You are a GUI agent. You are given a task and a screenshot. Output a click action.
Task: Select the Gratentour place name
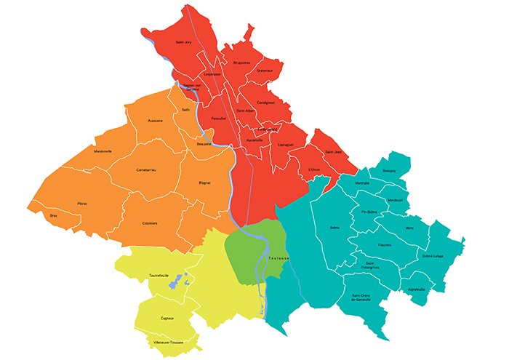[x=265, y=70]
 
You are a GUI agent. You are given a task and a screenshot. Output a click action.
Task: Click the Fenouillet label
[x=220, y=118]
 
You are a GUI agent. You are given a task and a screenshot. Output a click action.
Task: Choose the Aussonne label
[x=156, y=120]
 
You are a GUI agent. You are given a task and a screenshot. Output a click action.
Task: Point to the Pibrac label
[x=82, y=204]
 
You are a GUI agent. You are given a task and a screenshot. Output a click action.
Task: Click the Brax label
[x=53, y=216]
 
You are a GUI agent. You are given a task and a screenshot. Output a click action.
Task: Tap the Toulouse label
[x=278, y=258]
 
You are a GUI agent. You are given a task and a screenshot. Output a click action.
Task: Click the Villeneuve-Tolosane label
[x=168, y=341]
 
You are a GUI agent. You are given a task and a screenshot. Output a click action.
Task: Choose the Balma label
[x=334, y=228]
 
